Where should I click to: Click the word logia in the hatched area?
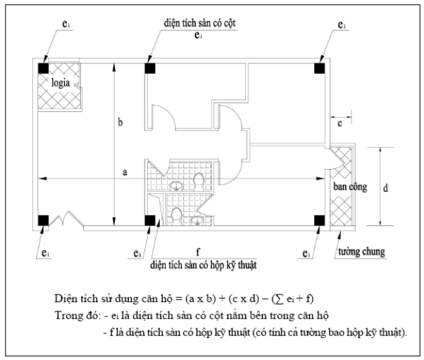[x=61, y=82]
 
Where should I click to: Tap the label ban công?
[x=350, y=187]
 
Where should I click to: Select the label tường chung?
[x=361, y=252]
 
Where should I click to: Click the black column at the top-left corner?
[x=43, y=68]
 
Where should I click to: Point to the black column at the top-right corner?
[x=319, y=68]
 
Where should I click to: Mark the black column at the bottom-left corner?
[x=43, y=221]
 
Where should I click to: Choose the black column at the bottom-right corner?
[x=319, y=221]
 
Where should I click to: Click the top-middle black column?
[x=150, y=68]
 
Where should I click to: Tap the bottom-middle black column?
[x=150, y=221]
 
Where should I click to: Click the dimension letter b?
[x=120, y=123]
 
